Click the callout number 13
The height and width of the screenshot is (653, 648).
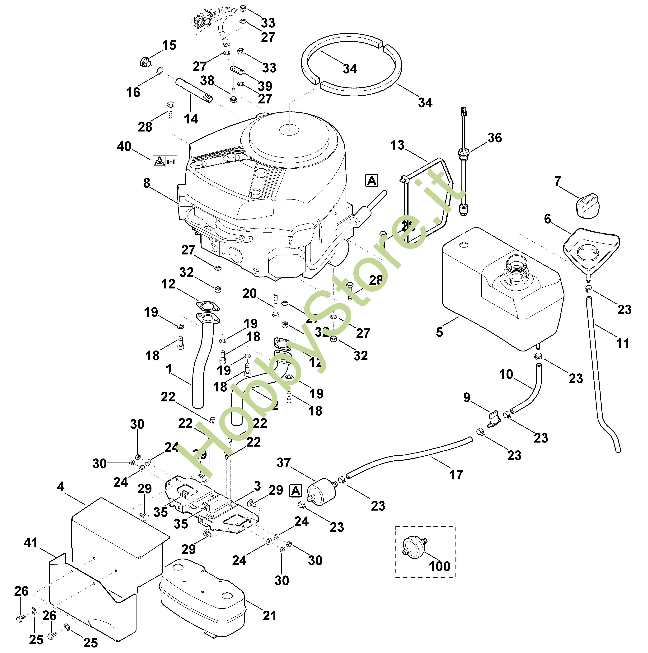coord(397,145)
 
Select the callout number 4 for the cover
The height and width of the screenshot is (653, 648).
coord(61,487)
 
